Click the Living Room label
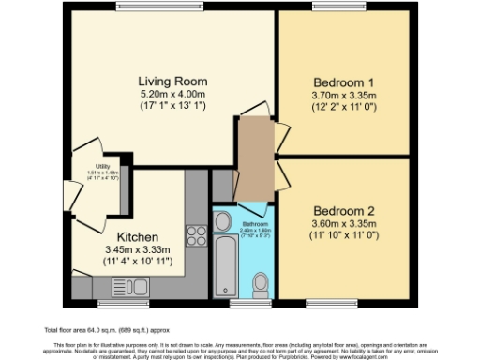click(x=172, y=81)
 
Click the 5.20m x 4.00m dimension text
click(x=172, y=95)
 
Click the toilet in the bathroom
click(x=262, y=282)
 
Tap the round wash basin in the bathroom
click(x=223, y=221)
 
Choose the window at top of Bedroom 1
click(x=328, y=9)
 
